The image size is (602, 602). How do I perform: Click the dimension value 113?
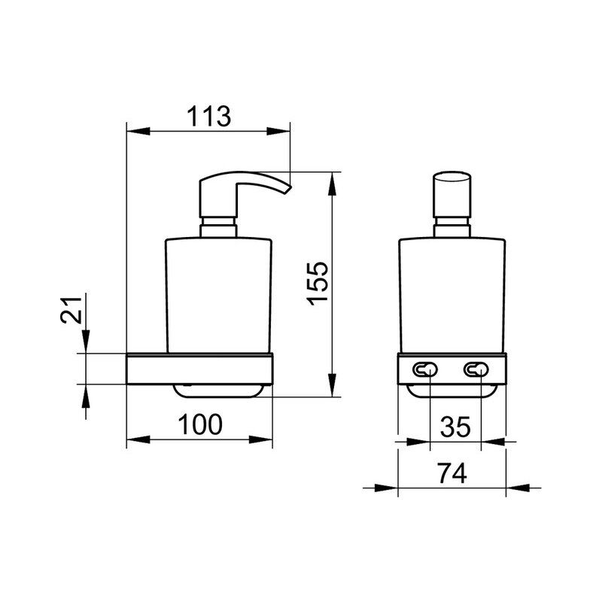pyautogui.click(x=209, y=116)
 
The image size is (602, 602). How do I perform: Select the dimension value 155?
pyautogui.click(x=318, y=284)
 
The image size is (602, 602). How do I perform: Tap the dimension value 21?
pyautogui.click(x=71, y=310)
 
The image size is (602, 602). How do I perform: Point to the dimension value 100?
pyautogui.click(x=200, y=424)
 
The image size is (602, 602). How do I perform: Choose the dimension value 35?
pyautogui.click(x=455, y=427)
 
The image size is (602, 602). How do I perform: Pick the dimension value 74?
pyautogui.click(x=453, y=473)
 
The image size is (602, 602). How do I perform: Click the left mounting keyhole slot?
pyautogui.click(x=425, y=369)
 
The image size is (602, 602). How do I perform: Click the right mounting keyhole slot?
pyautogui.click(x=476, y=369)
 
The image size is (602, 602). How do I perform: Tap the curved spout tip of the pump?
pyautogui.click(x=287, y=189)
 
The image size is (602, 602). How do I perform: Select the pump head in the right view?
pyautogui.click(x=452, y=195)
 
